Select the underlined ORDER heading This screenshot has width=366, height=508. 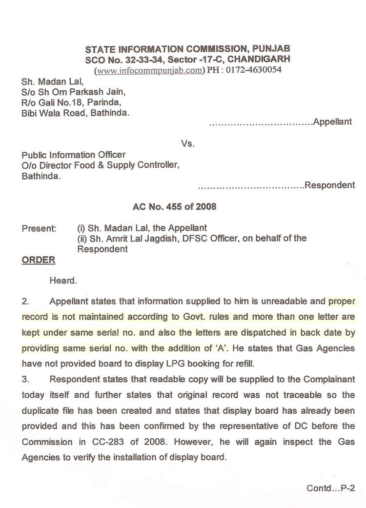(x=39, y=260)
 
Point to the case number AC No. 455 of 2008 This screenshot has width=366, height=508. (x=175, y=206)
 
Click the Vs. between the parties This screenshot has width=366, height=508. (x=187, y=144)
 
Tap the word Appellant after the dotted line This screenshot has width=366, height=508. (x=332, y=122)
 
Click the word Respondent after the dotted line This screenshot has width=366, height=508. (x=329, y=185)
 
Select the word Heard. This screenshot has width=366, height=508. (x=63, y=281)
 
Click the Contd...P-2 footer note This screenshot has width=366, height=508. (x=330, y=488)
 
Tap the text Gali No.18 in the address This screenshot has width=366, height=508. (x=56, y=103)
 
